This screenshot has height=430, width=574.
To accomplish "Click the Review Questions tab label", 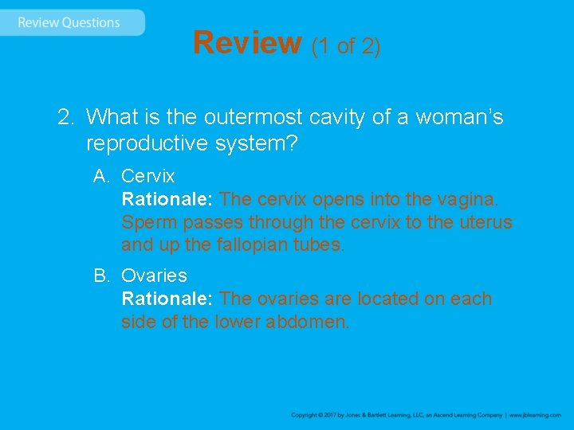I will coord(69,22).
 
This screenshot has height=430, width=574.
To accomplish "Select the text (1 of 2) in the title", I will coord(346,46).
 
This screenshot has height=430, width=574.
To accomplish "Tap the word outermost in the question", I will coord(254,118).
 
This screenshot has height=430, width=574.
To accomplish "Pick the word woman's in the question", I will coord(458,118).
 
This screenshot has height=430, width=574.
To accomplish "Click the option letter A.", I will coord(100,175).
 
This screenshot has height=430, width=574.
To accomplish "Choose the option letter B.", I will coord(100,276).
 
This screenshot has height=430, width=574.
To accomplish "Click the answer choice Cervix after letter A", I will coord(147,175).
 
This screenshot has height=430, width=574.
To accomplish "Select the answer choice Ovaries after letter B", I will coord(154,276).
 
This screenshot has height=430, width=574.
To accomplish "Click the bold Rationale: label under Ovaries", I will coord(167,299).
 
